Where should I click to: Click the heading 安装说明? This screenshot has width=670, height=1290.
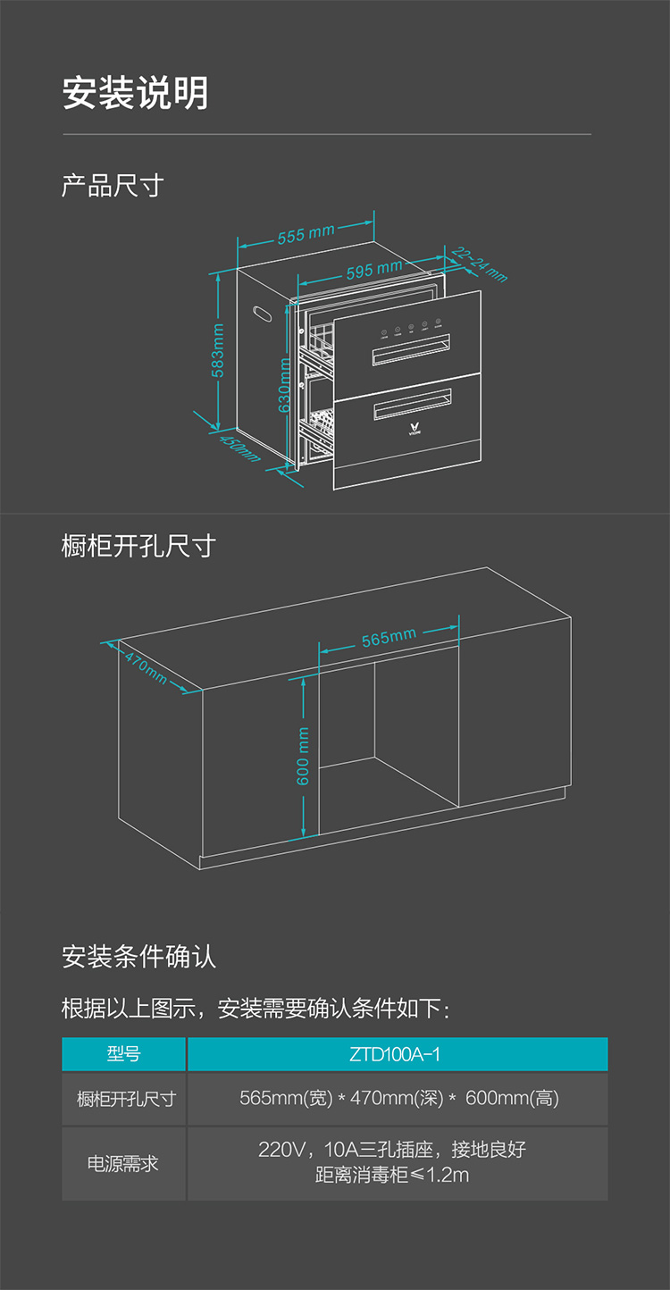pyautogui.click(x=135, y=94)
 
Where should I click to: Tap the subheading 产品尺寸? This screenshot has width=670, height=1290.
pyautogui.click(x=113, y=186)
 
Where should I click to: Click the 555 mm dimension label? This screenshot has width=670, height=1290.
pyautogui.click(x=306, y=235)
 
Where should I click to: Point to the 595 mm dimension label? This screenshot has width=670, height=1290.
pyautogui.click(x=373, y=269)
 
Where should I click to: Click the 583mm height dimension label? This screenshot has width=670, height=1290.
pyautogui.click(x=218, y=350)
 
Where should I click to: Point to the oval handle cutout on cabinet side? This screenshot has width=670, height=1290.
pyautogui.click(x=264, y=313)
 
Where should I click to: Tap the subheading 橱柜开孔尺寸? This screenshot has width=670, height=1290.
pyautogui.click(x=138, y=545)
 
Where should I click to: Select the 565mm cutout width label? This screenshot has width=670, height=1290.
pyautogui.click(x=389, y=638)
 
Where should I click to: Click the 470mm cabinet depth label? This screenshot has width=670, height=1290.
pyautogui.click(x=146, y=668)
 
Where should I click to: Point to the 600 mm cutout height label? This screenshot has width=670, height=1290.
pyautogui.click(x=303, y=756)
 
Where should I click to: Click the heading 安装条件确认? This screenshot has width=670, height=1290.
pyautogui.click(x=138, y=957)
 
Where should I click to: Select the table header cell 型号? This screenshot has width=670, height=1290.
pyautogui.click(x=123, y=1054)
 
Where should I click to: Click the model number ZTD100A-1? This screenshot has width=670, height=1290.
pyautogui.click(x=396, y=1054)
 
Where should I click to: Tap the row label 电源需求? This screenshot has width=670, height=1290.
pyautogui.click(x=123, y=1163)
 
